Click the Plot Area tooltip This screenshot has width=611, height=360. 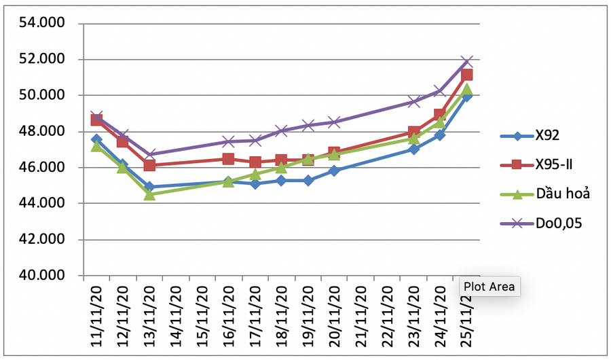click(488, 287)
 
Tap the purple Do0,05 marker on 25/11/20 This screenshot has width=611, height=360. click(466, 62)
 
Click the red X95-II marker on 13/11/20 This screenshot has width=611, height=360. click(149, 165)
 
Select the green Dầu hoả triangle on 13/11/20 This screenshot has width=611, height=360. click(149, 195)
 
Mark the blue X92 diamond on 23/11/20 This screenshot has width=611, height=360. click(413, 149)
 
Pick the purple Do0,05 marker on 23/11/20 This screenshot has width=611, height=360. click(413, 102)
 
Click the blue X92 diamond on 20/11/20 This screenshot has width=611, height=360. click(334, 170)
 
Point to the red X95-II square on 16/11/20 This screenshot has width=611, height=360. click(229, 159)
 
